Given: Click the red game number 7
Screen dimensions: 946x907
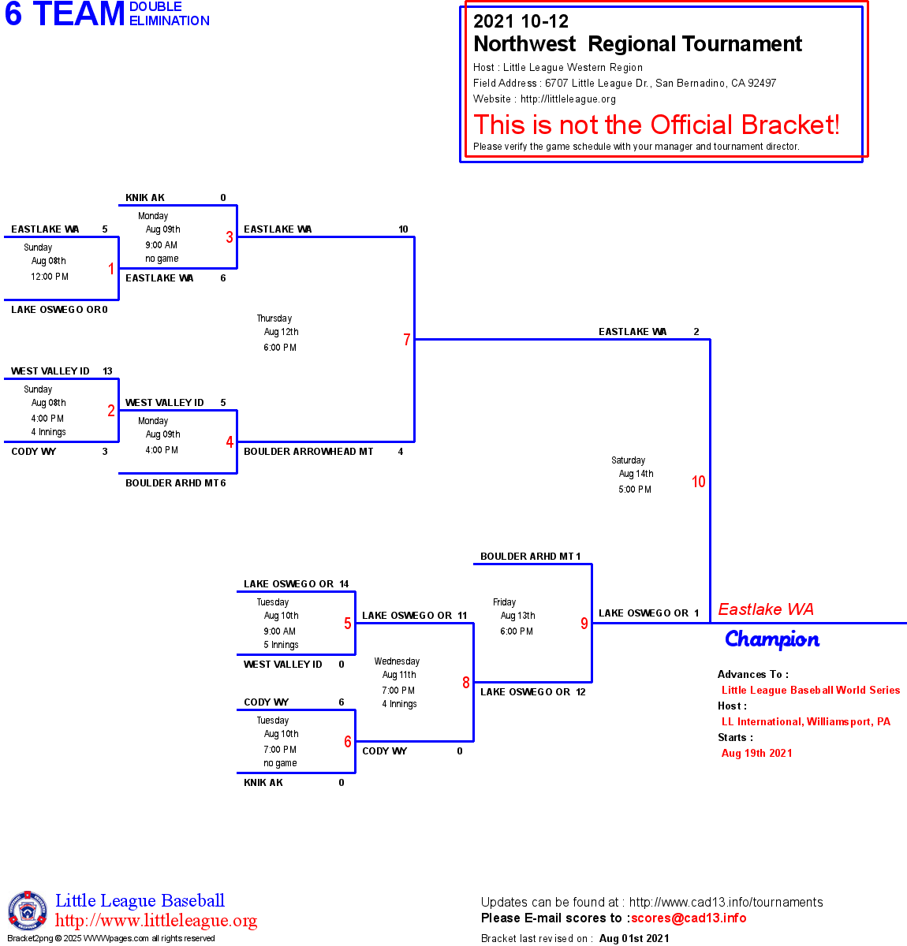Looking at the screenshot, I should (x=407, y=340).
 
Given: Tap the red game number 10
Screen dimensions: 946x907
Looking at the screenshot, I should (x=699, y=482).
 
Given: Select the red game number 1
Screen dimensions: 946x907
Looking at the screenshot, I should (x=111, y=269).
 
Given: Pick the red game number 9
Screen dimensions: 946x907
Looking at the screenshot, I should (x=584, y=624).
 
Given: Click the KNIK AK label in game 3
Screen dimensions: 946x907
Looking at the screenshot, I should (x=145, y=198).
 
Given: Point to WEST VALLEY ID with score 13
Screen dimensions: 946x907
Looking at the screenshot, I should (x=50, y=371).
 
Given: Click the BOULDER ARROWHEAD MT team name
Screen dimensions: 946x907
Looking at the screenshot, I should (x=308, y=452).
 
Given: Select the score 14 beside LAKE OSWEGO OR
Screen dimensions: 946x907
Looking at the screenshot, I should (x=344, y=584).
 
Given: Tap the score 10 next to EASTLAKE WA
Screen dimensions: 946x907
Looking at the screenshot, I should (x=403, y=229).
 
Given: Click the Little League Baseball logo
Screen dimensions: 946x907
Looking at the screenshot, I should (x=28, y=911).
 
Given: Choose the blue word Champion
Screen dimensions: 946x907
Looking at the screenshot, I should (x=772, y=639).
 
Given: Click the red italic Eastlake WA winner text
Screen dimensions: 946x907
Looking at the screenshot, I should (x=766, y=609).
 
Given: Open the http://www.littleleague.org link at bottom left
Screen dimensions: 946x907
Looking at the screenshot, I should (x=156, y=921).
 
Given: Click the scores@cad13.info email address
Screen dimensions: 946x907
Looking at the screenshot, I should (x=689, y=918).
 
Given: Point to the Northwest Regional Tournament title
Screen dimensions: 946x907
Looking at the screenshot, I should (x=637, y=44).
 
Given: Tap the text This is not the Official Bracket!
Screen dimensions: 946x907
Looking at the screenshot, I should (x=656, y=125).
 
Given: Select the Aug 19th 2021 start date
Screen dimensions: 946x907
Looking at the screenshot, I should (x=757, y=753).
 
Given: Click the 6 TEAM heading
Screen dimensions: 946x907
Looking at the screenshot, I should (x=65, y=14).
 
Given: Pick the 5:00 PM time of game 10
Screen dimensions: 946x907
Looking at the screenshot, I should (x=635, y=490).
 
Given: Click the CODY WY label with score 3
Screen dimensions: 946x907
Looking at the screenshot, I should (x=34, y=452).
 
